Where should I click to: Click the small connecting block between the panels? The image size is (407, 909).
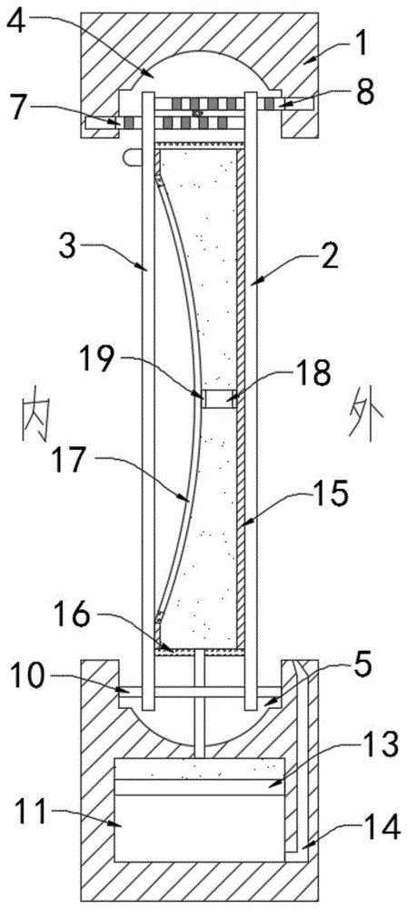coord(220,400)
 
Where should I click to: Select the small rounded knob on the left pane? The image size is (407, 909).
coord(132,155)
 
